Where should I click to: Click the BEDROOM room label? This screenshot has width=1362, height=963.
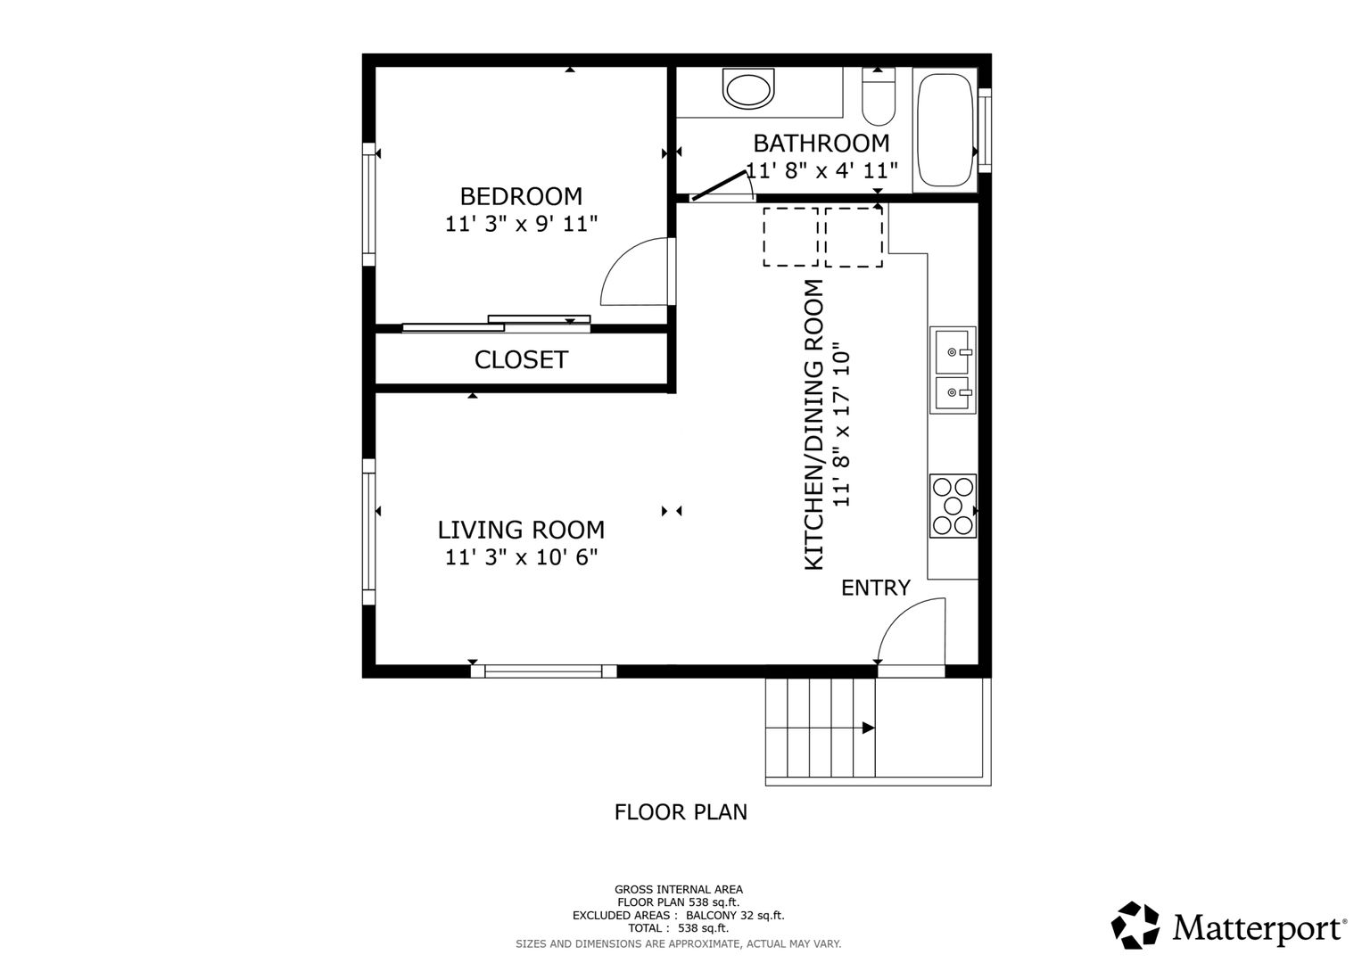[x=521, y=196]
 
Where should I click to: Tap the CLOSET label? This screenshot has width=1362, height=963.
[x=521, y=360]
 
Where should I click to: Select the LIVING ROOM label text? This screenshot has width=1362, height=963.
[x=521, y=530]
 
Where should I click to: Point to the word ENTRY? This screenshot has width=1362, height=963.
[x=876, y=588]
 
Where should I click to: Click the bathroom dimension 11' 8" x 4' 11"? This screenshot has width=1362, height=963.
[x=821, y=170]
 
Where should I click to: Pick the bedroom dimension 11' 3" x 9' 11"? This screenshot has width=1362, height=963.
[x=521, y=224]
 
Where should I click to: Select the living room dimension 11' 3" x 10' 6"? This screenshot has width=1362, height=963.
[x=521, y=557]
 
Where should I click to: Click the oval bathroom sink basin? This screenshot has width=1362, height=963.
[x=748, y=90]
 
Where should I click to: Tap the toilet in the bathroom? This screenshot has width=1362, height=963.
[x=879, y=96]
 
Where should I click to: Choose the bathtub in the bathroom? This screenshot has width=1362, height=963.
[x=945, y=130]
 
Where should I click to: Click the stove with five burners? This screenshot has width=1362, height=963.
[x=953, y=506]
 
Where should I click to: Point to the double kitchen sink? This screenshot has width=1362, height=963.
[x=953, y=370]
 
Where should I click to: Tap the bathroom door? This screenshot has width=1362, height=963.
[x=719, y=186]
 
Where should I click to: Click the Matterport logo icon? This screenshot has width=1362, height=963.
[x=1135, y=926]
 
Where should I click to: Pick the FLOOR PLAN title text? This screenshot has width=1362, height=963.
[x=681, y=812]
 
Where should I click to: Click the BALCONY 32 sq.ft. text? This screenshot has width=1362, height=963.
[x=735, y=915]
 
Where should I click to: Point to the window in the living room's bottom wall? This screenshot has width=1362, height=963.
[x=543, y=671]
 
